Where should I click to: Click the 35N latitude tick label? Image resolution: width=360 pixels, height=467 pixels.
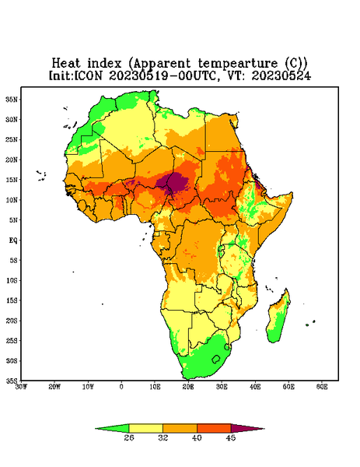pyautogui.click(x=12, y=99)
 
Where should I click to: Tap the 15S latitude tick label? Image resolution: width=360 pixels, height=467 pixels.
pyautogui.click(x=12, y=300)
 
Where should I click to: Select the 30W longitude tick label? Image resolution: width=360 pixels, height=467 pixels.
pyautogui.click(x=21, y=387)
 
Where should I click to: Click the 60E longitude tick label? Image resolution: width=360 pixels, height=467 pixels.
pyautogui.click(x=322, y=387)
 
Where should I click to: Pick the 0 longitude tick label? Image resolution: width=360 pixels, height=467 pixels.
pyautogui.click(x=121, y=387)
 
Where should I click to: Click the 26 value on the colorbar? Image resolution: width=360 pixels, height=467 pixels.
pyautogui.click(x=129, y=437)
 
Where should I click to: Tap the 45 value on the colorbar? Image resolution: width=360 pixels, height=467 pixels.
pyautogui.click(x=231, y=437)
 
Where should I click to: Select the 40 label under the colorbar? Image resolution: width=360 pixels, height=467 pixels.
pyautogui.click(x=197, y=437)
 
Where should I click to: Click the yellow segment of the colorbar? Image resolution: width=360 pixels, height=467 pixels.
pyautogui.click(x=145, y=428)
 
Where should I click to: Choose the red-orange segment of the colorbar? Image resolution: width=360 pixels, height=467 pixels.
pyautogui.click(x=214, y=428)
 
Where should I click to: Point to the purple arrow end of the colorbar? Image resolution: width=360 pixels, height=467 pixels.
pyautogui.click(x=247, y=428)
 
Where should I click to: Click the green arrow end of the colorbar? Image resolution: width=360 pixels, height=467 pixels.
pyautogui.click(x=112, y=428)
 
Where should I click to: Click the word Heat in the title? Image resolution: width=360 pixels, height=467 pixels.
pyautogui.click(x=66, y=64)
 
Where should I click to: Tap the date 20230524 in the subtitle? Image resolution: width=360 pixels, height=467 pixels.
pyautogui.click(x=281, y=76)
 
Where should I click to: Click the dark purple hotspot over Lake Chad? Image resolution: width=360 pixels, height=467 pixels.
pyautogui.click(x=175, y=181)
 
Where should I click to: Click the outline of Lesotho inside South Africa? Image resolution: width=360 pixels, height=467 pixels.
pyautogui.click(x=215, y=359)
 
